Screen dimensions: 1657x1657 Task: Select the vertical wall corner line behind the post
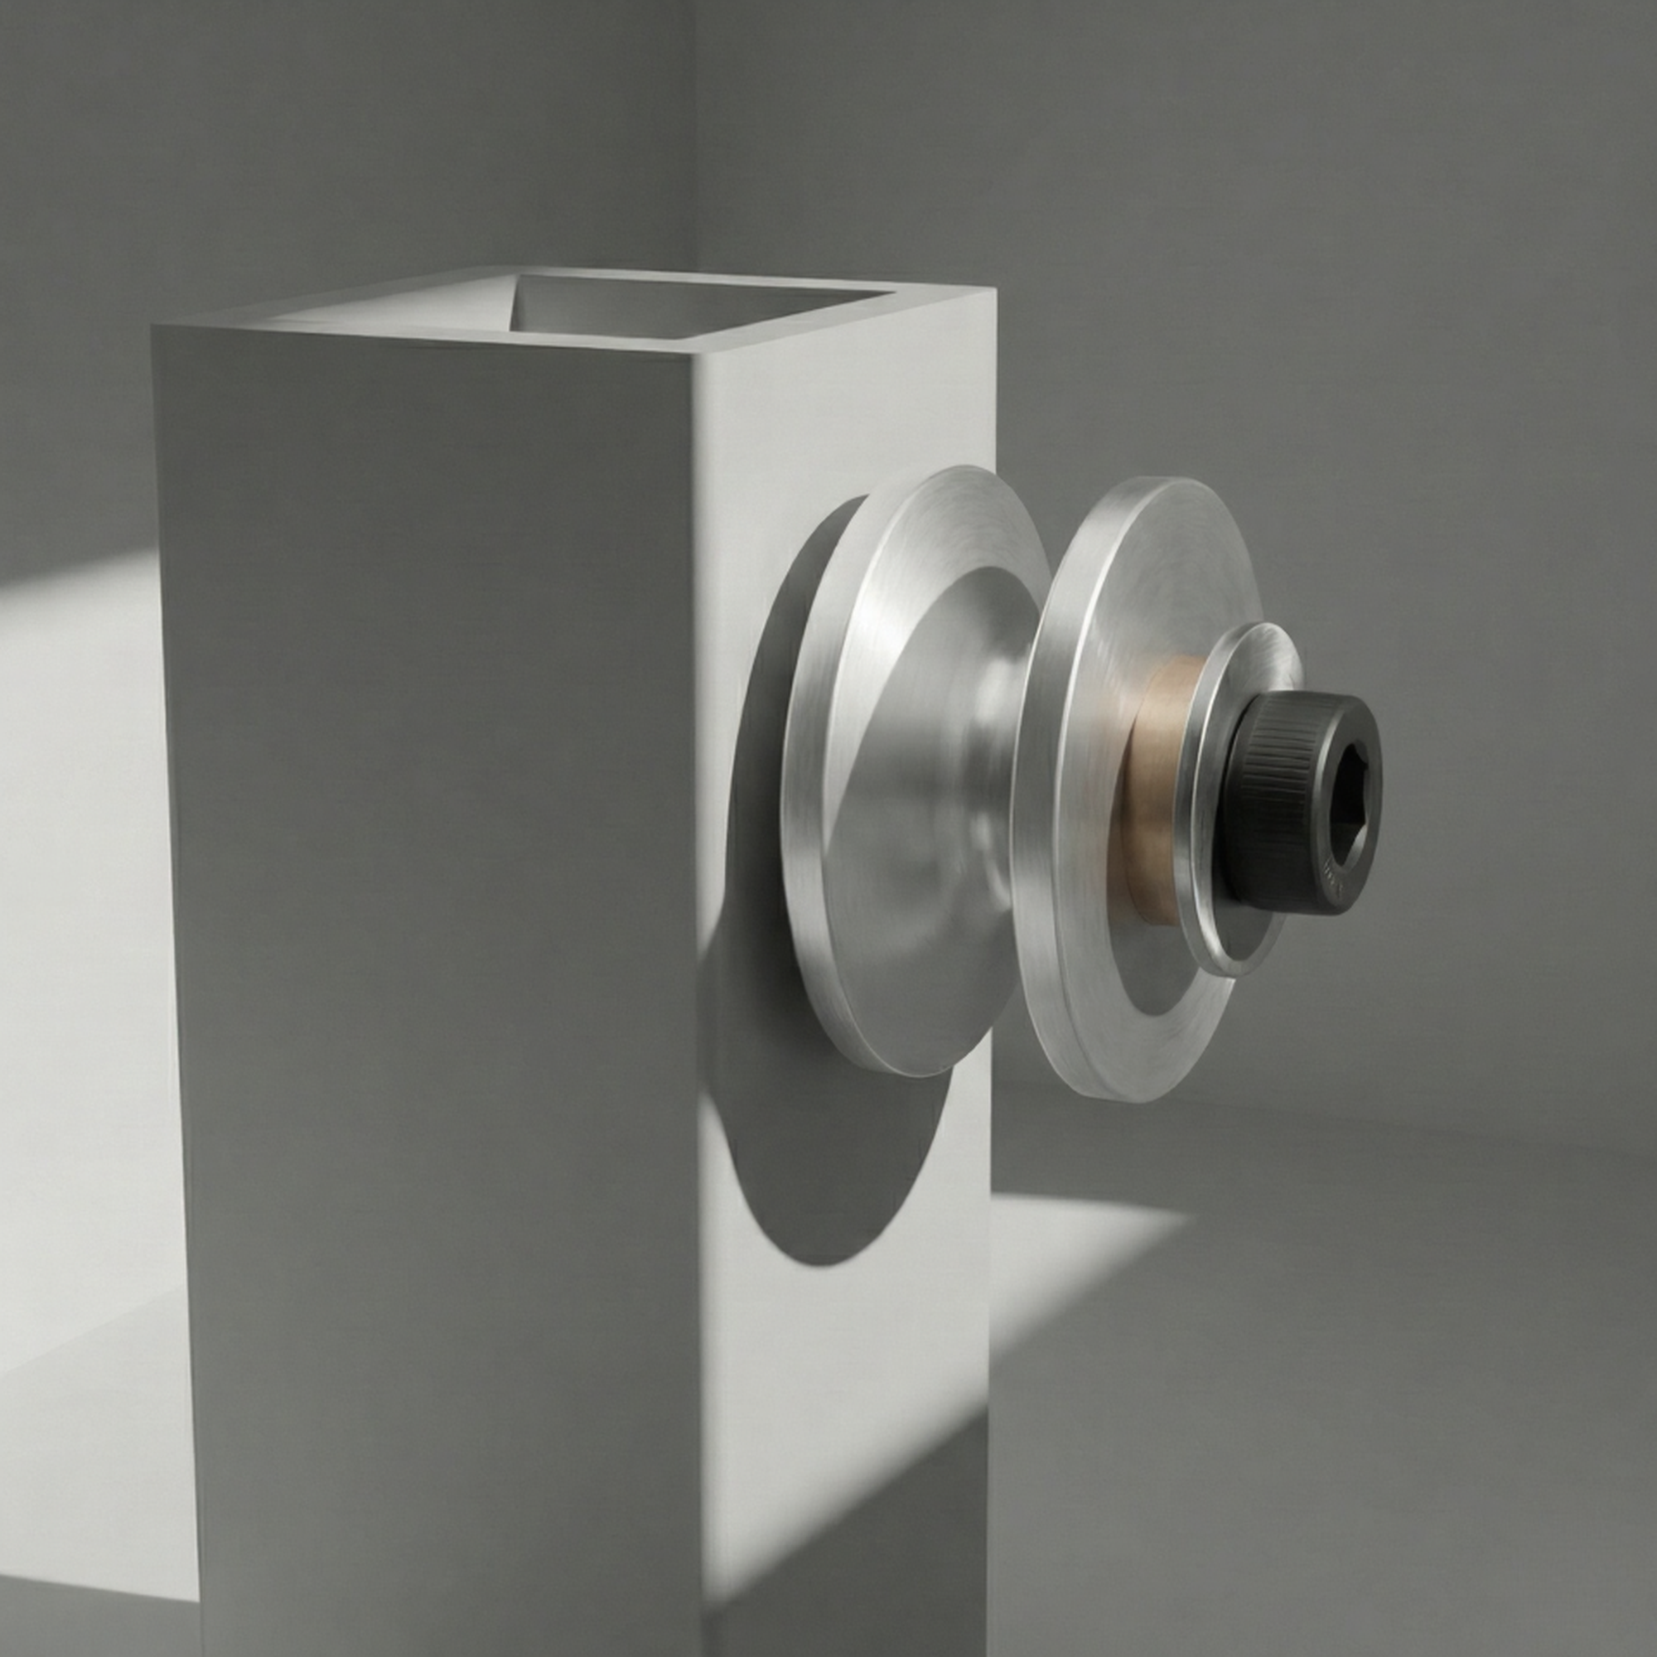point(697,128)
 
